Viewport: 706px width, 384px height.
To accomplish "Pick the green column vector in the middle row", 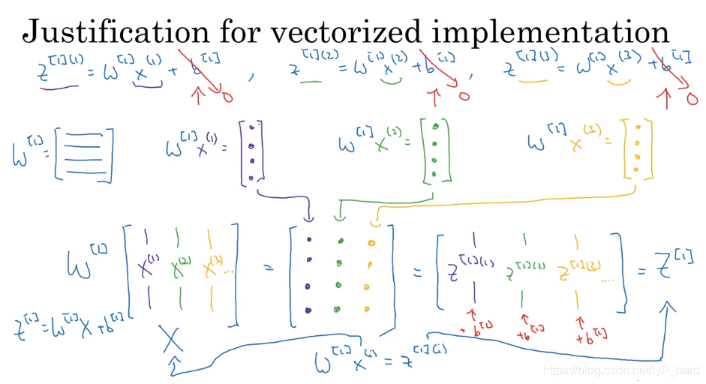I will pyautogui.click(x=436, y=151).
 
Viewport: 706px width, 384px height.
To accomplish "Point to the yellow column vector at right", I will pyautogui.click(x=636, y=148).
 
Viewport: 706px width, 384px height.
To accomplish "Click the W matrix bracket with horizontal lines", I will pyautogui.click(x=84, y=155).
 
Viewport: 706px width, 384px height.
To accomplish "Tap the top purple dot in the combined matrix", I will pyautogui.click(x=308, y=241).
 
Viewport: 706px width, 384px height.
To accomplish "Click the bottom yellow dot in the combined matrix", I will pyautogui.click(x=368, y=309).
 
